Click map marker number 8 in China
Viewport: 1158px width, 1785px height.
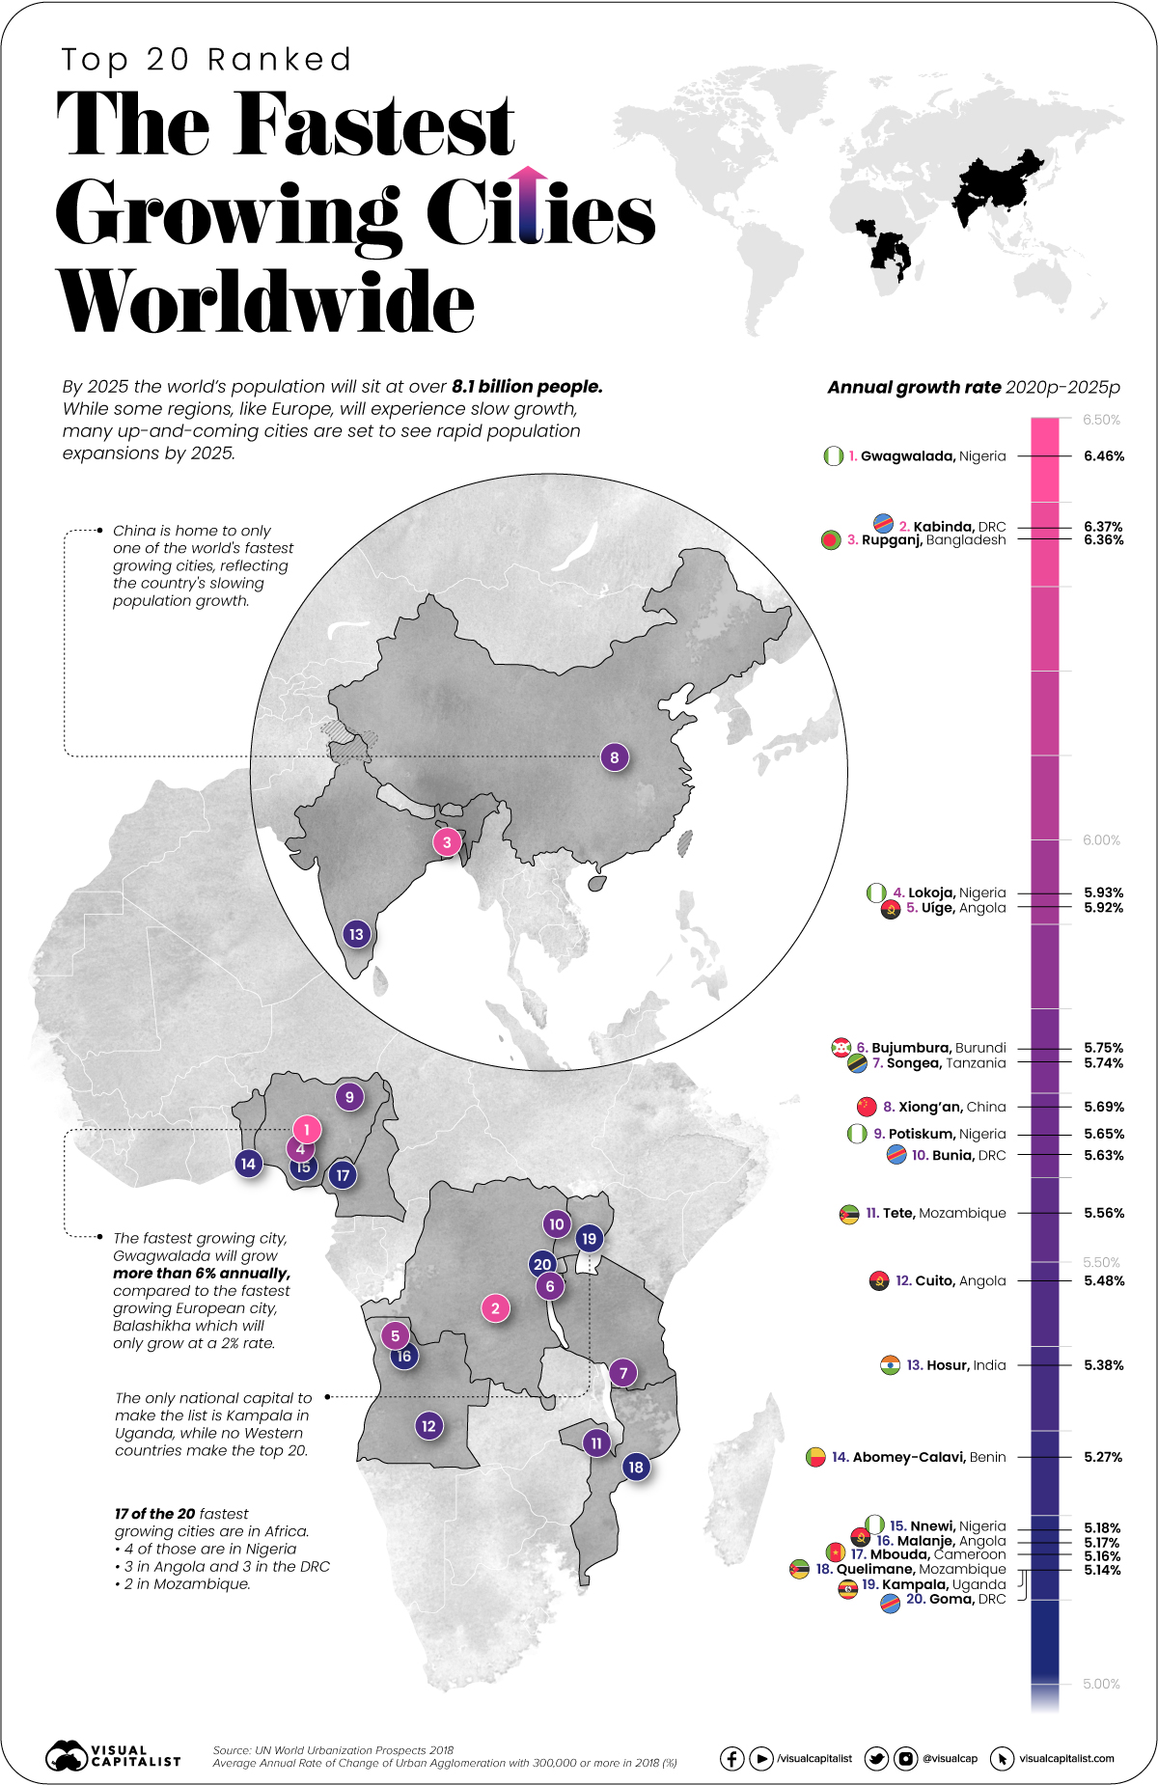point(615,757)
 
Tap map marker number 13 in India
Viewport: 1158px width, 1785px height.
point(357,934)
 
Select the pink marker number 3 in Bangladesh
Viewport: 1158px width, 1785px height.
point(447,842)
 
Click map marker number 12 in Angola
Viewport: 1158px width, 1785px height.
point(428,1426)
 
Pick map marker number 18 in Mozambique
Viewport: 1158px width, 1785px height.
point(635,1468)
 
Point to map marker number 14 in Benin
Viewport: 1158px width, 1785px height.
point(248,1164)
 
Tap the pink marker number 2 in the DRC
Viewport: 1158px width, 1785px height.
point(495,1308)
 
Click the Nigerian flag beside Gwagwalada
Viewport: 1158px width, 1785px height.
point(834,456)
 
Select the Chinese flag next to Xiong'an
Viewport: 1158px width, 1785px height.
point(866,1107)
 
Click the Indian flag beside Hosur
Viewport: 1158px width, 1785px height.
point(890,1365)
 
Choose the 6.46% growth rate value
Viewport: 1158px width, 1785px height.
point(1103,456)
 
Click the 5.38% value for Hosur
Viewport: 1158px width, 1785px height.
point(1103,1365)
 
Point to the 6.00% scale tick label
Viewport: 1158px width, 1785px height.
point(1101,840)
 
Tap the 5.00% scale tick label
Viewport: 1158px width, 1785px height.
point(1101,1684)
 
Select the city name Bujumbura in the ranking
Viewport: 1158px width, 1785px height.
point(910,1048)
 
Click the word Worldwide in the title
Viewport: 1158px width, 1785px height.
point(265,301)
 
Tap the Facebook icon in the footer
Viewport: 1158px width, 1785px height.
point(731,1759)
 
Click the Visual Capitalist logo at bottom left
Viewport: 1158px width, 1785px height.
point(113,1756)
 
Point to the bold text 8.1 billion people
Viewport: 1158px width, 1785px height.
point(527,387)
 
